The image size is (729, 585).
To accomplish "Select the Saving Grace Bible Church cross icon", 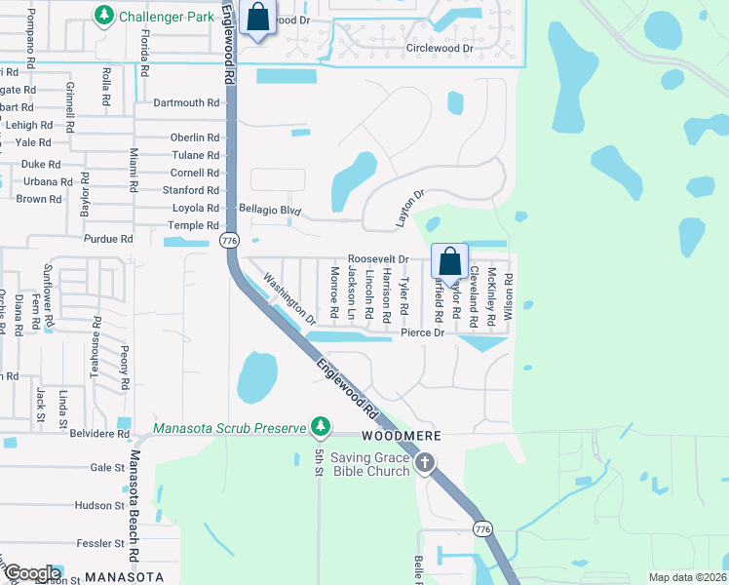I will coord(424,463).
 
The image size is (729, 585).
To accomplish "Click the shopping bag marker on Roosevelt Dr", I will coord(449,262).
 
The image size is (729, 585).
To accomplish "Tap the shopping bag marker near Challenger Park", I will coord(257,18).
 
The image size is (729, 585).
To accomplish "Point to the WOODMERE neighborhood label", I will coord(403,435).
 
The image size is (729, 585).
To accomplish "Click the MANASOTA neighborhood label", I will coord(124,576).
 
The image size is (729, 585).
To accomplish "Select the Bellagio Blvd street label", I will coord(271,210).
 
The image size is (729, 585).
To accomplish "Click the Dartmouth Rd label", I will coord(186,102).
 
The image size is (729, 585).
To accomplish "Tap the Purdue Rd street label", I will coord(108,239).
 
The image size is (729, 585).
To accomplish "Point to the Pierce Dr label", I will coord(422,332).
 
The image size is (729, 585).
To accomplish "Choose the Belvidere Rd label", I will coord(96,433).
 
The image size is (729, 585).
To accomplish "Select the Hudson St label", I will coord(100,505).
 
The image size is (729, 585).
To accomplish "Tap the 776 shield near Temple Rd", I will coord(229,240).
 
